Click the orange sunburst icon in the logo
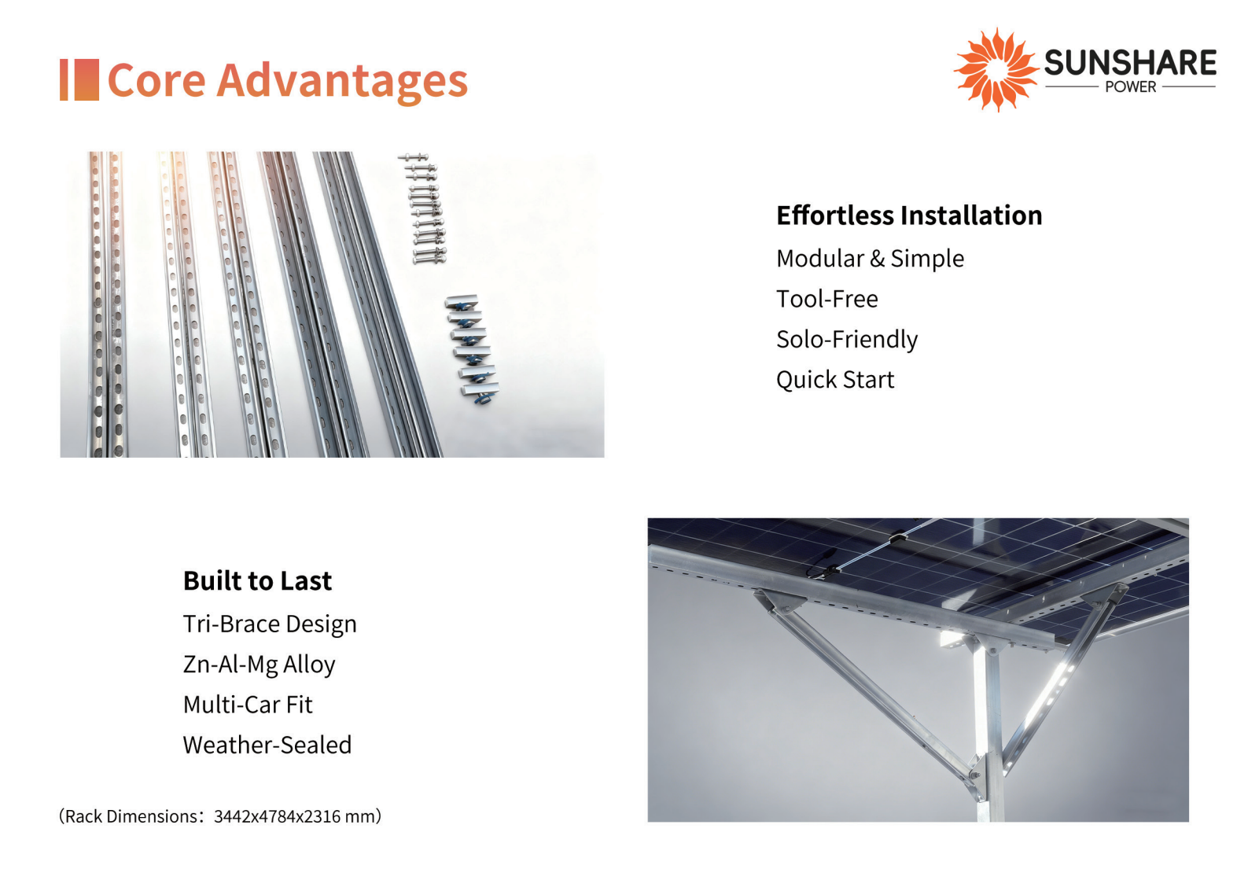click(x=996, y=70)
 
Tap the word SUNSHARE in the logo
click(x=1130, y=62)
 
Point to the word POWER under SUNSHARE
click(x=1131, y=87)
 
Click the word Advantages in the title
click(x=342, y=81)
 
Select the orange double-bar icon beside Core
click(x=79, y=79)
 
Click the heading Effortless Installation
click(x=909, y=215)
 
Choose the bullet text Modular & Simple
click(x=871, y=259)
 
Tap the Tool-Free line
click(x=827, y=300)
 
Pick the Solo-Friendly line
click(x=847, y=340)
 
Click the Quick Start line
click(x=835, y=380)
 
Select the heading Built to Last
click(x=257, y=580)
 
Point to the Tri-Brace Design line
click(x=270, y=624)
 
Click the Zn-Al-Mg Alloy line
click(x=259, y=665)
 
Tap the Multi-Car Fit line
click(x=248, y=705)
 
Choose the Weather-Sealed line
click(x=267, y=746)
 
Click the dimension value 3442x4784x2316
click(x=277, y=816)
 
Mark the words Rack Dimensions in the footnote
click(x=131, y=816)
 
